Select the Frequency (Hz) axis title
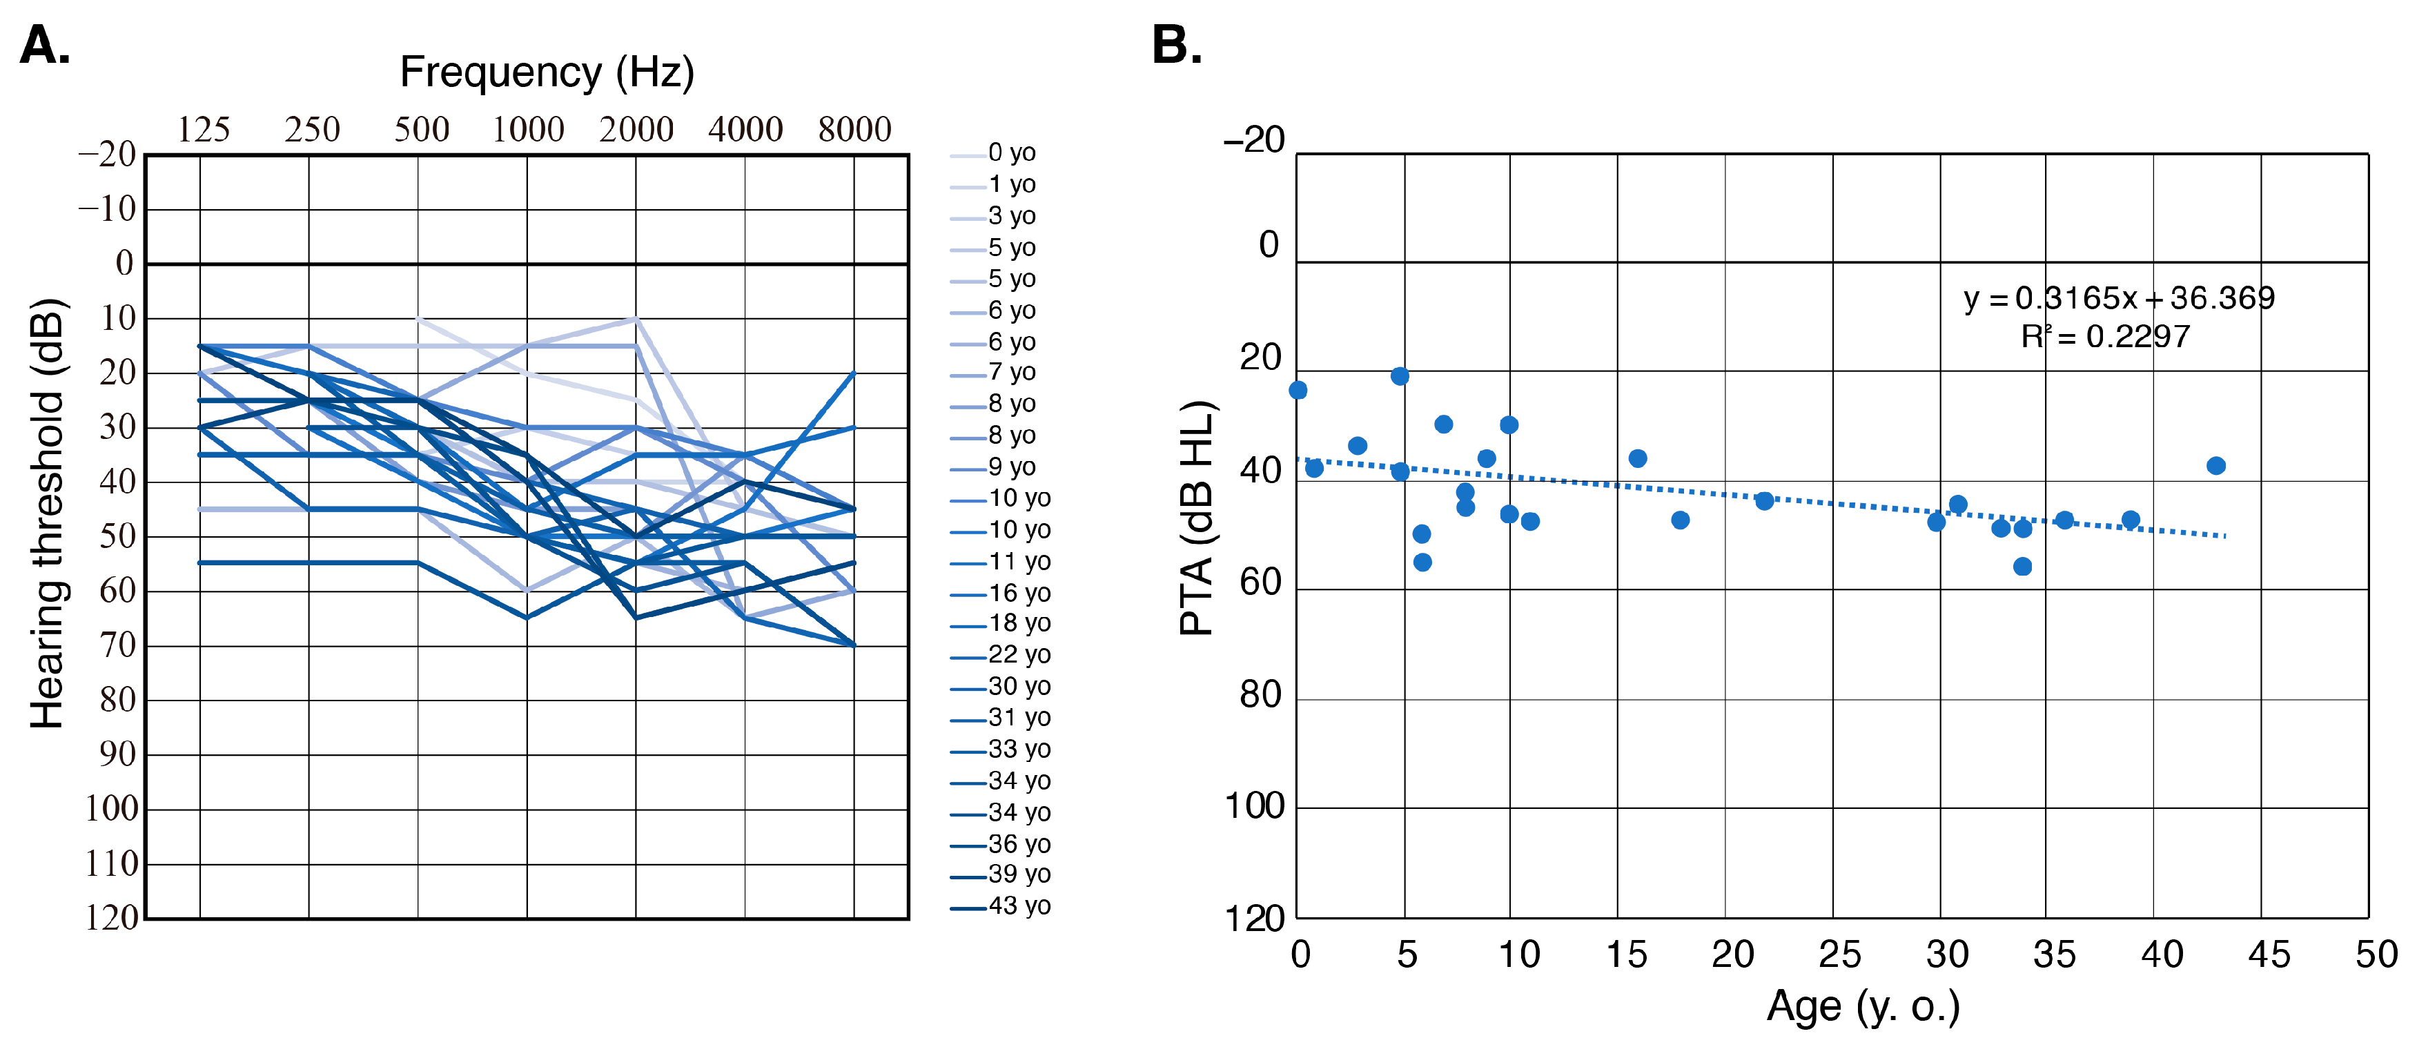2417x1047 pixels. [547, 72]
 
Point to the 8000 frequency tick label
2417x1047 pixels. [854, 130]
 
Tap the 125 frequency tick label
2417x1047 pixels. [204, 130]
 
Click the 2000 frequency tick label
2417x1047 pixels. [636, 130]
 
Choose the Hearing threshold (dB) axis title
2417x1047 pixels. [47, 513]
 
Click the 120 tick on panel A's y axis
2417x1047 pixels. [112, 917]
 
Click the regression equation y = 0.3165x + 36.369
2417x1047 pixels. [2119, 298]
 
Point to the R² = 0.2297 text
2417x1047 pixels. [2104, 337]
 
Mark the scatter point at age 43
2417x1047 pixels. [2216, 467]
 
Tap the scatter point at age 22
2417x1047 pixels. [1765, 501]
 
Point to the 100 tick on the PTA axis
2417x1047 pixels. [1255, 806]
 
